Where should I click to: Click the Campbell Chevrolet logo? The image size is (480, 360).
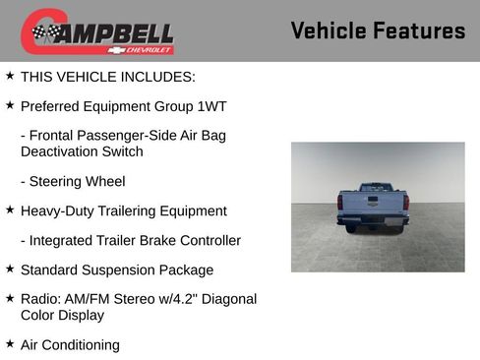tap(97, 31)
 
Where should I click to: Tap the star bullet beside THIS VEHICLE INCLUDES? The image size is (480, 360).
tap(10, 75)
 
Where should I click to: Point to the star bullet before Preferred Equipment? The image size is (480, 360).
tap(10, 104)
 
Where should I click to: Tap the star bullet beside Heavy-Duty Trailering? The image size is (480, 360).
tap(10, 210)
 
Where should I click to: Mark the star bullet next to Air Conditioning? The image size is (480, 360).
tap(10, 344)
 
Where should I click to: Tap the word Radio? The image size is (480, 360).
tap(42, 299)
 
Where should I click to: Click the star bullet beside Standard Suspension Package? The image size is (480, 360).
tap(10, 269)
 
